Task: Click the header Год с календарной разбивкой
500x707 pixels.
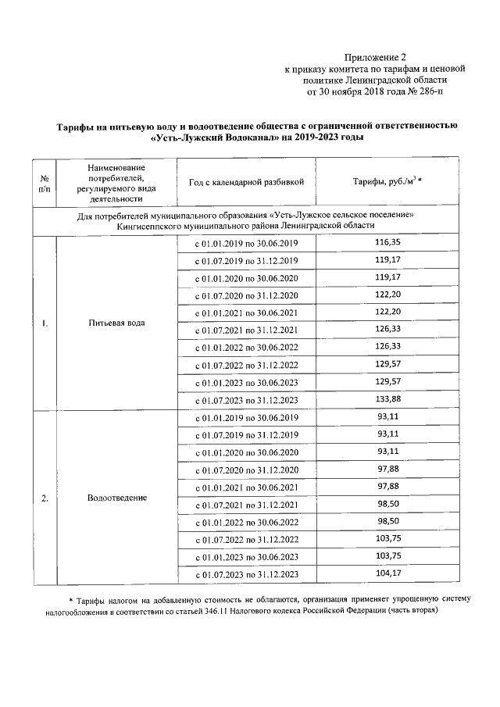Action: (246, 182)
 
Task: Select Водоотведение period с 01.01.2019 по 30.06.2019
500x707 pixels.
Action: (246, 418)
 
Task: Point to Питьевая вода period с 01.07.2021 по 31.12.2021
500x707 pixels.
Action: (246, 329)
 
